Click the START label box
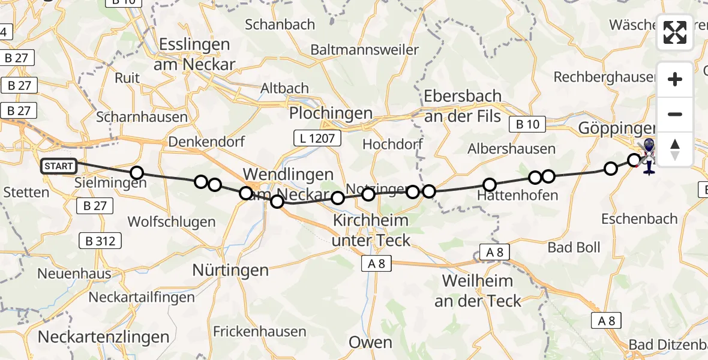coord(59,166)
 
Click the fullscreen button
coord(675,32)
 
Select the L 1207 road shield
coord(317,139)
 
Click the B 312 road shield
coord(101,241)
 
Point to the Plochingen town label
coord(331,113)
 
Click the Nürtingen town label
coord(230,270)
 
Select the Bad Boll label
coord(574,247)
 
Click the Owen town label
coord(371,343)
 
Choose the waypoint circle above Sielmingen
coord(137,173)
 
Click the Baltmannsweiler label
coord(365,49)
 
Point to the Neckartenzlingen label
coord(103,337)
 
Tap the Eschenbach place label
coord(640,219)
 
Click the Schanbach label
coord(280,24)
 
